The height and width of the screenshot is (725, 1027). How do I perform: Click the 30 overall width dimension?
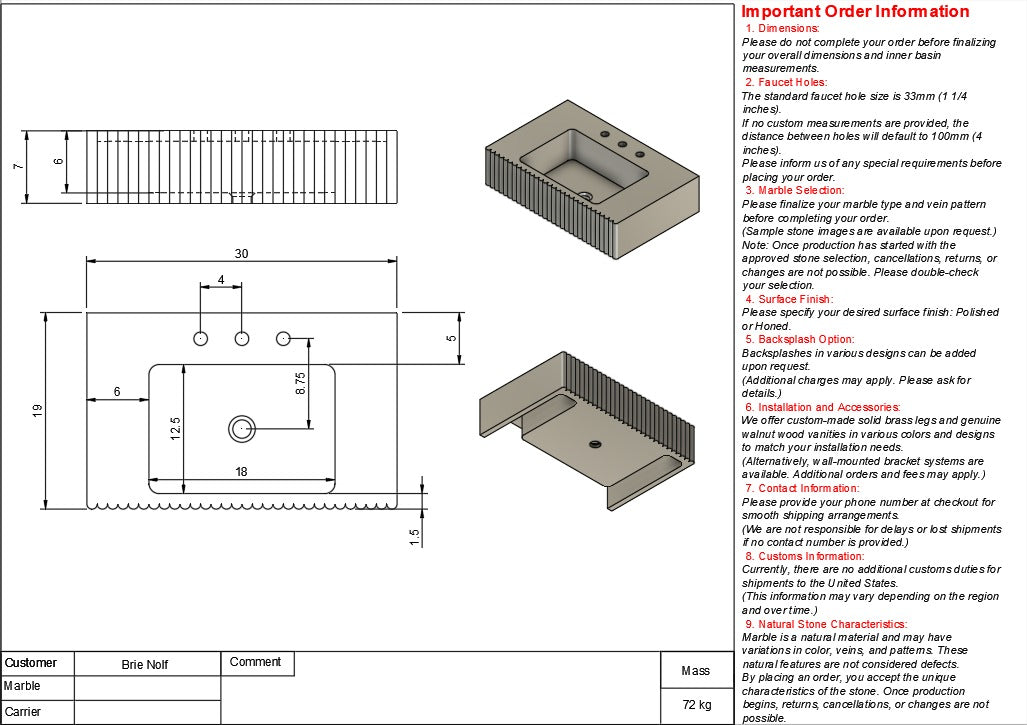pyautogui.click(x=241, y=253)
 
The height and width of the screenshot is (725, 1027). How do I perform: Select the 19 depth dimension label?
pyautogui.click(x=37, y=410)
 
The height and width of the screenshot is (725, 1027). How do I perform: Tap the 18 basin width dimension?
pyautogui.click(x=241, y=471)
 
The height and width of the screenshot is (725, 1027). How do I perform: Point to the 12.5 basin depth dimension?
pyautogui.click(x=175, y=427)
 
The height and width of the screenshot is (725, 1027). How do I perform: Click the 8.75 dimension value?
pyautogui.click(x=300, y=383)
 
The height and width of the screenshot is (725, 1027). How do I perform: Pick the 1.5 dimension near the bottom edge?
pyautogui.click(x=414, y=537)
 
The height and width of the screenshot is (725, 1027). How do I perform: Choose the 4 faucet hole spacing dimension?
pyautogui.click(x=220, y=280)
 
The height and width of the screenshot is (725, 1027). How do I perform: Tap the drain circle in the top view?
pyautogui.click(x=241, y=428)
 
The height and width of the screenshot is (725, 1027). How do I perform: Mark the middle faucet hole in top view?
pyautogui.click(x=241, y=339)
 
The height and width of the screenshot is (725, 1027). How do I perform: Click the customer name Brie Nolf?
pyautogui.click(x=146, y=664)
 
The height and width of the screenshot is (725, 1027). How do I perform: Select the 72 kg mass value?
pyautogui.click(x=696, y=704)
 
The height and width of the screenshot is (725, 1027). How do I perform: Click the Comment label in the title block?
pyautogui.click(x=255, y=662)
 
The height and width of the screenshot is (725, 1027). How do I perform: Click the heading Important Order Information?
pyautogui.click(x=855, y=12)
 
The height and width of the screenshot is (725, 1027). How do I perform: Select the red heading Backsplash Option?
pyautogui.click(x=798, y=339)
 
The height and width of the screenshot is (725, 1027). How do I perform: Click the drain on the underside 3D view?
pyautogui.click(x=594, y=442)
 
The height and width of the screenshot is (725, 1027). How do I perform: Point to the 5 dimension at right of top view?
pyautogui.click(x=451, y=338)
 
